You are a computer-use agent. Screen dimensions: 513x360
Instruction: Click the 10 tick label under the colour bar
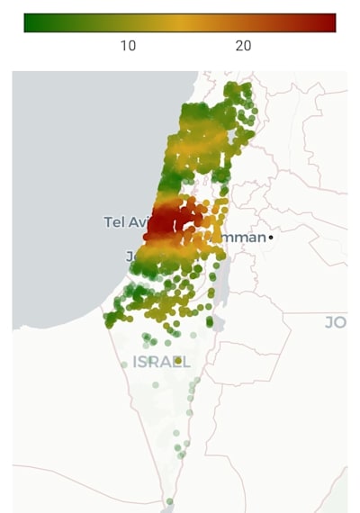[x=128, y=46]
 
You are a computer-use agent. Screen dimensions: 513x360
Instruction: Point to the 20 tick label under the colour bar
[x=243, y=46]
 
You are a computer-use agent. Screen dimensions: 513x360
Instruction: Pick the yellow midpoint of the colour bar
[x=180, y=22]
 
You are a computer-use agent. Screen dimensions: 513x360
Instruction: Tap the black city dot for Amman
[x=271, y=237]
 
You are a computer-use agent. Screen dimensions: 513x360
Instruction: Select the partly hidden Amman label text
[x=247, y=237]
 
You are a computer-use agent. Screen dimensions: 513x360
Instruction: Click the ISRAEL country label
[x=161, y=362]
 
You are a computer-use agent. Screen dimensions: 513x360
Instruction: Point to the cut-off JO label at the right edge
[x=335, y=321]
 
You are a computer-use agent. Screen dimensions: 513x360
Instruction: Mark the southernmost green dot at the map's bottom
[x=169, y=501]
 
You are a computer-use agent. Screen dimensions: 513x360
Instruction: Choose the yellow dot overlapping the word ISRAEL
[x=178, y=361]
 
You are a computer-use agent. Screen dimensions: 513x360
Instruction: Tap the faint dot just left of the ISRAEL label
[x=124, y=364]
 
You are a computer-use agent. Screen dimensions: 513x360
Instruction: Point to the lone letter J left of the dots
[x=130, y=256]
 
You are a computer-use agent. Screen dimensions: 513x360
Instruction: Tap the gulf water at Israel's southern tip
[x=171, y=509]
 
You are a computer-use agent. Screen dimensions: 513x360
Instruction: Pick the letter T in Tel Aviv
[x=108, y=221]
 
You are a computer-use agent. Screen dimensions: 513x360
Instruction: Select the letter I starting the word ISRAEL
[x=136, y=362]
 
